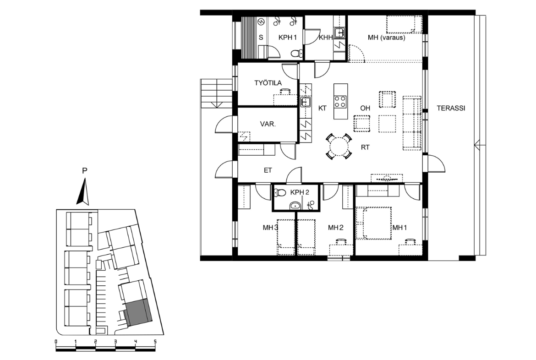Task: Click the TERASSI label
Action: pyautogui.click(x=451, y=108)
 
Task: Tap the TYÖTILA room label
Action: pyautogui.click(x=268, y=83)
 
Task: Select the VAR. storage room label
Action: pyautogui.click(x=268, y=124)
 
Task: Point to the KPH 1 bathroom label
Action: pyautogui.click(x=287, y=37)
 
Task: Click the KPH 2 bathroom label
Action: pyautogui.click(x=300, y=192)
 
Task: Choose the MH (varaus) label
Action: pyautogui.click(x=386, y=37)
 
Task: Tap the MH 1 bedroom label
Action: pyautogui.click(x=399, y=227)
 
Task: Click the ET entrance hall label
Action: pyautogui.click(x=268, y=170)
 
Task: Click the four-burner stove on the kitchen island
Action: pyautogui.click(x=340, y=102)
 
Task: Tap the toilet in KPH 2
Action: pyautogui.click(x=280, y=193)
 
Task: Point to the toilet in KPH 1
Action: pyautogui.click(x=296, y=53)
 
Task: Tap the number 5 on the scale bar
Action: pyautogui.click(x=155, y=342)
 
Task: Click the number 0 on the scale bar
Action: pyautogui.click(x=56, y=342)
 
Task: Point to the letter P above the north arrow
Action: pyautogui.click(x=84, y=171)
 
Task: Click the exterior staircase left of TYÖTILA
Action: pyautogui.click(x=216, y=93)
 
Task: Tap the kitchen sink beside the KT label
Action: pyautogui.click(x=305, y=102)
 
